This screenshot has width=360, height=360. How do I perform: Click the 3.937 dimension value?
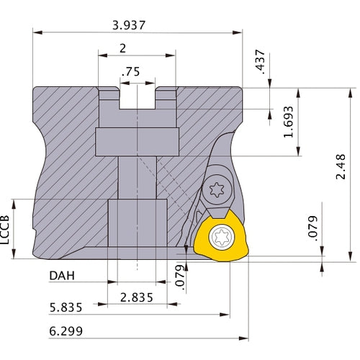coord(129,25)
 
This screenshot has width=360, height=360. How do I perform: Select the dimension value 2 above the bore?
coord(122,49)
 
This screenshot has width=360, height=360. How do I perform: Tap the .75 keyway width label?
coord(131,71)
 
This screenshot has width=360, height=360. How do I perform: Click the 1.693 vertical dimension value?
coord(288,122)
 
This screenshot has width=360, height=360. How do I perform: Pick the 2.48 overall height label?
coord(341,166)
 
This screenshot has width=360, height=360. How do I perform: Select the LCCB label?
coord(4,230)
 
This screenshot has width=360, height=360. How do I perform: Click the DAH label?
coord(62,276)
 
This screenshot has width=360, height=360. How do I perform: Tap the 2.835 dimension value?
coord(136,297)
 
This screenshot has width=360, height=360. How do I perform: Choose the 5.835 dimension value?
coord(66,307)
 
